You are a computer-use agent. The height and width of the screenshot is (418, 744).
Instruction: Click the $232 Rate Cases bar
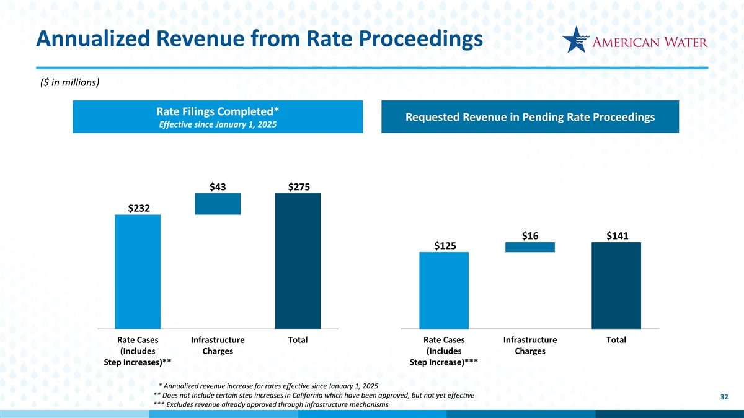pos(138,271)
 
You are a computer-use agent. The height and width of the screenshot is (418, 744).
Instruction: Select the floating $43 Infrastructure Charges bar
pos(218,204)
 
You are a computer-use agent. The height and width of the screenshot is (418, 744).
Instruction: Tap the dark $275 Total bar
pos(298,261)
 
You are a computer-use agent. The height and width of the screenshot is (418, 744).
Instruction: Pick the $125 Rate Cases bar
pos(444,290)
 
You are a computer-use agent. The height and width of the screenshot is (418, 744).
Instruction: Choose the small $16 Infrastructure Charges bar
pos(530,247)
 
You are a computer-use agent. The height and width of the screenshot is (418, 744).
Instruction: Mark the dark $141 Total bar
pos(616,285)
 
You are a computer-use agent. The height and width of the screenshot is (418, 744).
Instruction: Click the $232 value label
pos(138,208)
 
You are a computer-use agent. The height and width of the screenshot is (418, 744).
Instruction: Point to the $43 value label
pos(218,187)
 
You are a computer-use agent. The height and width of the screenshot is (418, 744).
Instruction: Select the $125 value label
pos(445,246)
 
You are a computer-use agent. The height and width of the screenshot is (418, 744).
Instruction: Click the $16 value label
pos(530,235)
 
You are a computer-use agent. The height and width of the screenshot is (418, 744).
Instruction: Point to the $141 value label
pos(617,235)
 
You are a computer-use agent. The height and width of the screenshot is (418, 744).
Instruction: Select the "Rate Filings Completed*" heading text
pos(217,111)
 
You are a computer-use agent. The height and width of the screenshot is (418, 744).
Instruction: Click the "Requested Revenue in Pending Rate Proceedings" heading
pos(530,118)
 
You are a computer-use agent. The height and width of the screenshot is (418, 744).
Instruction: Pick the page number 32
pos(724,396)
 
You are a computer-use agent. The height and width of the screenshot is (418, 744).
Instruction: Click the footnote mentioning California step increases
pos(313,395)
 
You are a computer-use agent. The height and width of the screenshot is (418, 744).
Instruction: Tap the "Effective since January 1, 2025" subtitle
pos(217,124)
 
